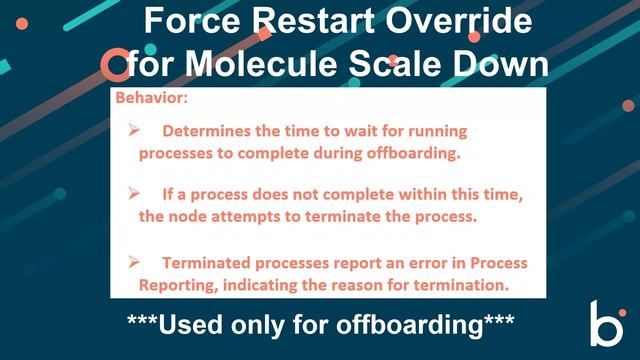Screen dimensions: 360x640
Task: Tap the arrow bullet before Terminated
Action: (x=133, y=262)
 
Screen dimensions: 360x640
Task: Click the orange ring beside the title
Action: (x=115, y=65)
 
